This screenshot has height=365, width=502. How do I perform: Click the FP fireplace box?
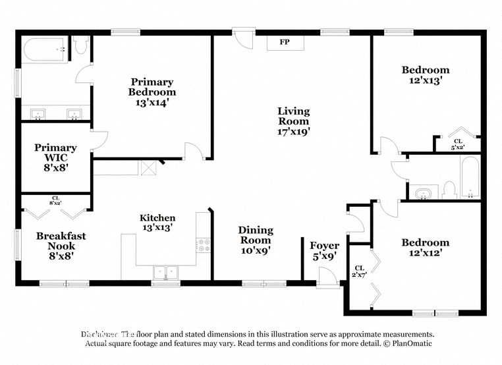click(285, 42)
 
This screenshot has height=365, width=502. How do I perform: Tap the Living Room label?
click(293, 121)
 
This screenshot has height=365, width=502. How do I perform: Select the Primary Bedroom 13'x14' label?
click(152, 92)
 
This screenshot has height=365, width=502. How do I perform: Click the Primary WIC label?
click(55, 157)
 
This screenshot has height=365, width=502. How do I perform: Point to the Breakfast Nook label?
click(61, 246)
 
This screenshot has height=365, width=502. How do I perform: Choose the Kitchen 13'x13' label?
click(157, 223)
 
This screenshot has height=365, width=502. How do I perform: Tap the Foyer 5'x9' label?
click(324, 251)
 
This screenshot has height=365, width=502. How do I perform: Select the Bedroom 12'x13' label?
click(425, 75)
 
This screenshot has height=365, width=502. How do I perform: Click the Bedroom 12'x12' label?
click(425, 247)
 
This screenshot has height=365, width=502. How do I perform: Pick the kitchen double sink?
click(167, 271)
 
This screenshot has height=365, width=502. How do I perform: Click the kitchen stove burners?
click(204, 246)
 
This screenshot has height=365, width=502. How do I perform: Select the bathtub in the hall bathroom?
click(470, 179)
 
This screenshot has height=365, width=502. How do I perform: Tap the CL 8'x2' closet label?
click(55, 200)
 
